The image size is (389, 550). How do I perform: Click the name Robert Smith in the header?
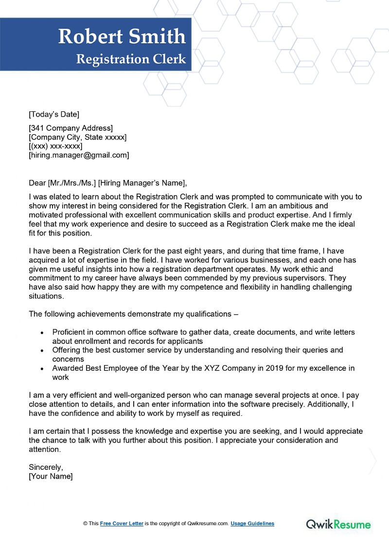point(122,36)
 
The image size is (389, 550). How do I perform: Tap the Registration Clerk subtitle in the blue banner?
point(131,59)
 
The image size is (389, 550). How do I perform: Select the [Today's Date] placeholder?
point(54,114)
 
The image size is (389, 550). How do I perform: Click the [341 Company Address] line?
point(71,128)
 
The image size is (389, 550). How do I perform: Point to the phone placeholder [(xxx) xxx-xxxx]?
point(55,146)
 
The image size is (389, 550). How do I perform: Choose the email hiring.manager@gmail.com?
point(79,155)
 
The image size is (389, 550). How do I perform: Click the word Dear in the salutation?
point(37,183)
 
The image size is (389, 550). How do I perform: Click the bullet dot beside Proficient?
point(42,333)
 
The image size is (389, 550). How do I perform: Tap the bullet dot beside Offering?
point(42,351)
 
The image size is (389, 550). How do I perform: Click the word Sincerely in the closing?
point(46,467)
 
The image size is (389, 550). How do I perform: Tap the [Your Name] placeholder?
point(51,476)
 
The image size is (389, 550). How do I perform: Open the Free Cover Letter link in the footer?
point(122,524)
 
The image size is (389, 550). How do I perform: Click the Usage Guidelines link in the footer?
point(252,524)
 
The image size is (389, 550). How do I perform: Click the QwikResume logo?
point(338,524)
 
